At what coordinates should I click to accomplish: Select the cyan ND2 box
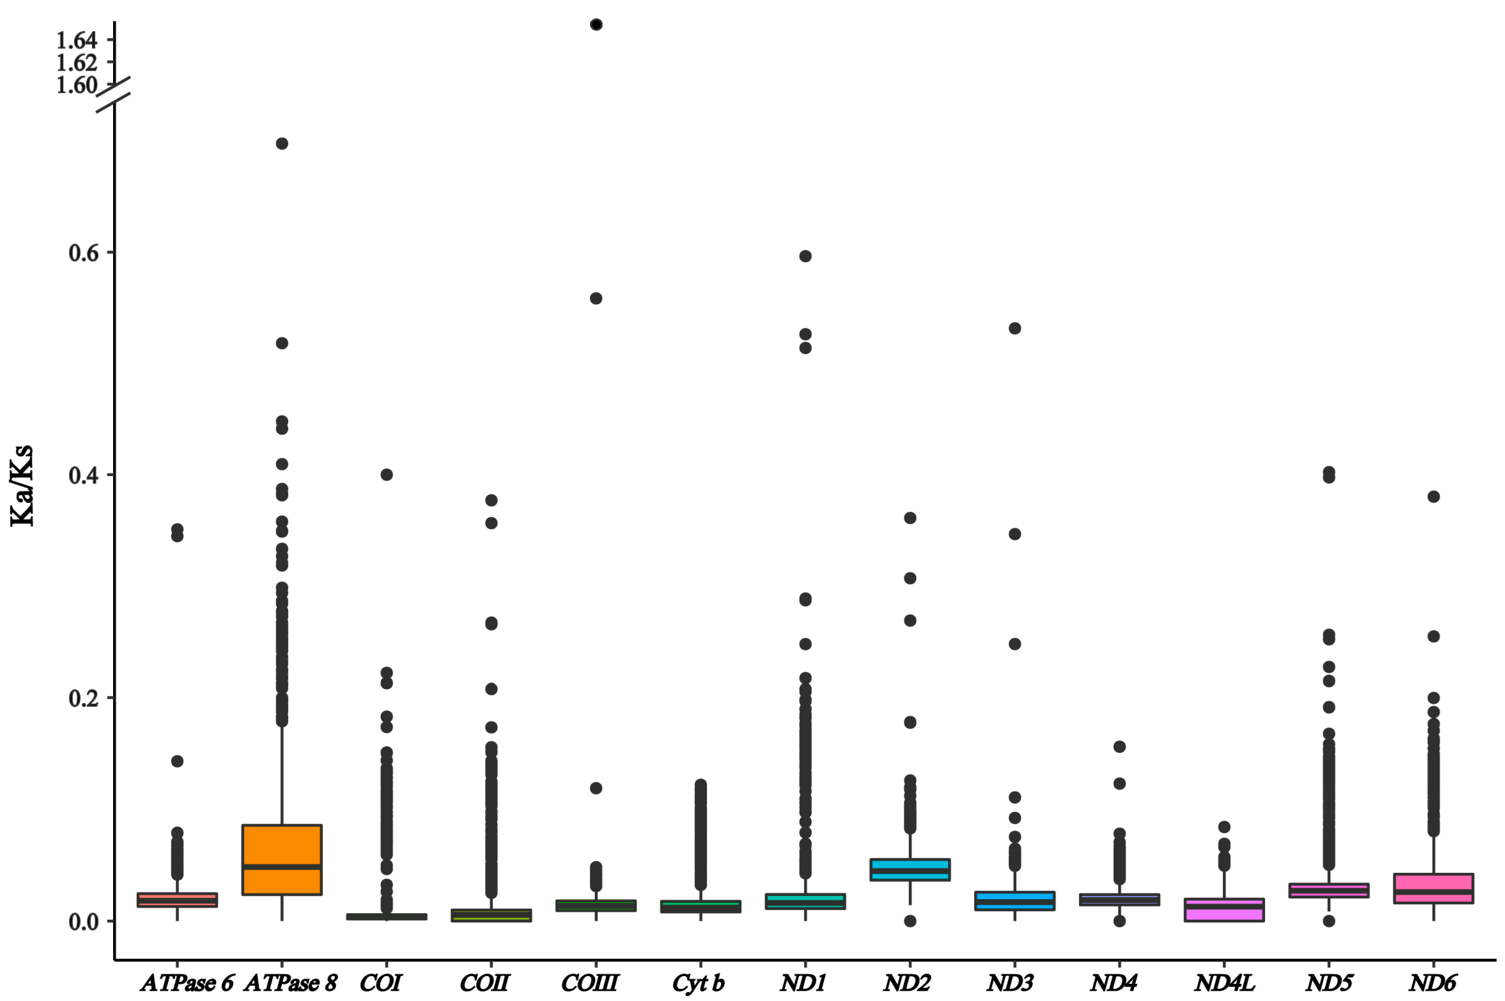(x=909, y=869)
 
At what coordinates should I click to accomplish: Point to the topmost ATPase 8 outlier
(x=282, y=144)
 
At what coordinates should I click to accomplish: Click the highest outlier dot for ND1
(x=805, y=256)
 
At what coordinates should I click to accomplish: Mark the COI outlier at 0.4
(x=386, y=474)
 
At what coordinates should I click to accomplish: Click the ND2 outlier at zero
(x=909, y=920)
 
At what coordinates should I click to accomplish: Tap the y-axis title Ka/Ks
(x=22, y=485)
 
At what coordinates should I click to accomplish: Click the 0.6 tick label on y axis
(x=84, y=253)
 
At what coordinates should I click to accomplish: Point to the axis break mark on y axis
(x=114, y=94)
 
